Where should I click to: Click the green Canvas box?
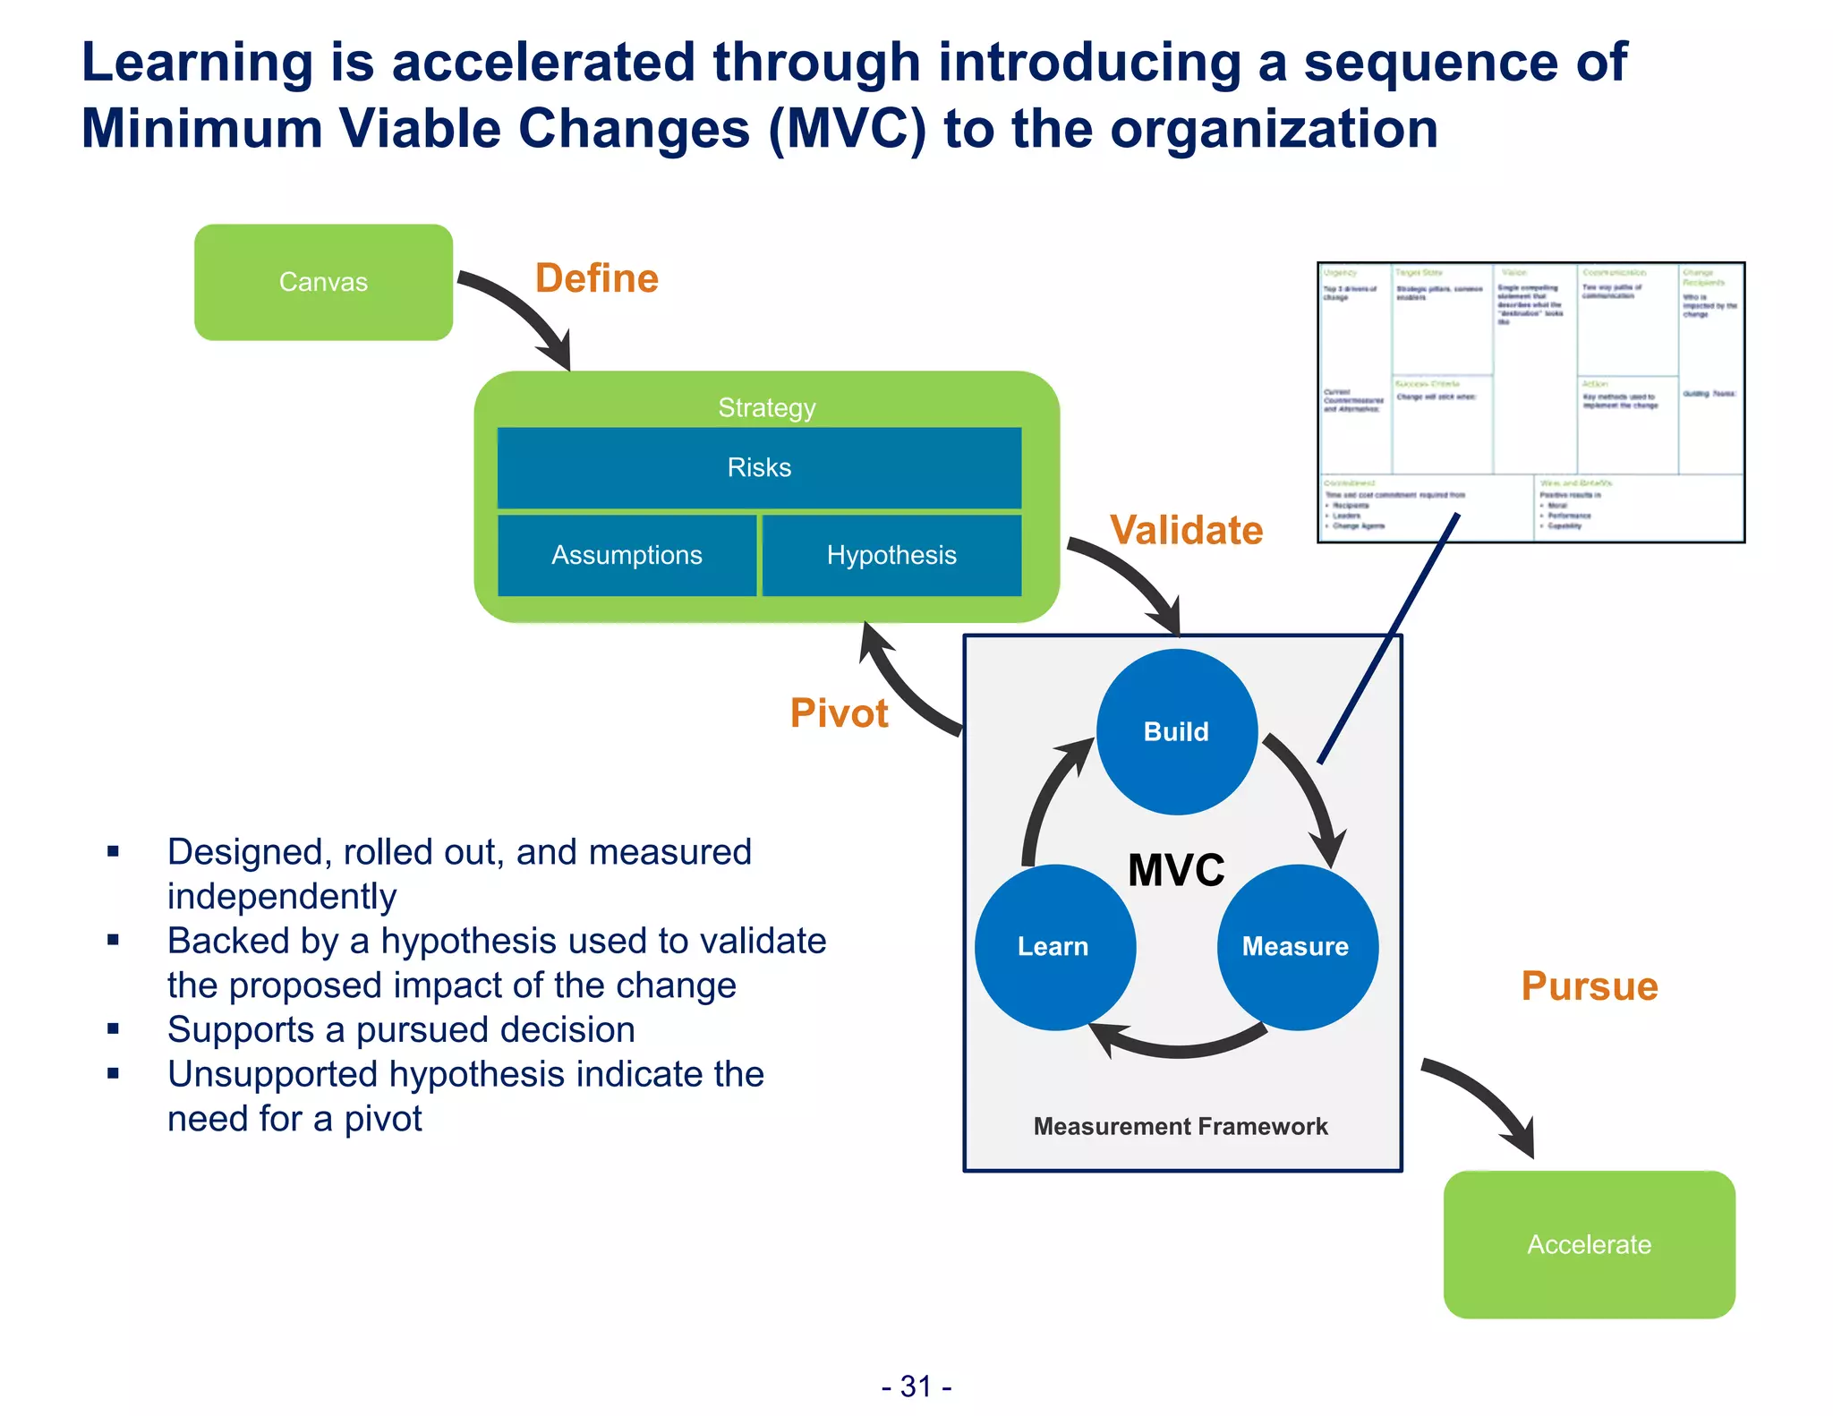[x=323, y=282]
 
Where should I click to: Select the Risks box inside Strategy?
[x=759, y=467]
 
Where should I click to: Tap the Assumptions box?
[x=627, y=555]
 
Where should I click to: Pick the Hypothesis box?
[x=891, y=555]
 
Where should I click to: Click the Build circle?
[x=1176, y=731]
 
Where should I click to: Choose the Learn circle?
[x=1054, y=946]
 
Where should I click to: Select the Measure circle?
[x=1296, y=946]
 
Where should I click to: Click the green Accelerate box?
[x=1589, y=1244]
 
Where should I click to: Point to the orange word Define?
[x=597, y=278]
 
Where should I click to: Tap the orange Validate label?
[x=1187, y=530]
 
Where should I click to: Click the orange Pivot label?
[x=839, y=713]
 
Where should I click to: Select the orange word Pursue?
[x=1590, y=985]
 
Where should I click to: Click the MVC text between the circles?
[x=1176, y=869]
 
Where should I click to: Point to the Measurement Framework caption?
[x=1181, y=1126]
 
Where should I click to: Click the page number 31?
[x=916, y=1386]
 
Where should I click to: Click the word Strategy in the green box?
[x=767, y=407]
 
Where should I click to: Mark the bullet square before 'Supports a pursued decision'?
[x=113, y=1029]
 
